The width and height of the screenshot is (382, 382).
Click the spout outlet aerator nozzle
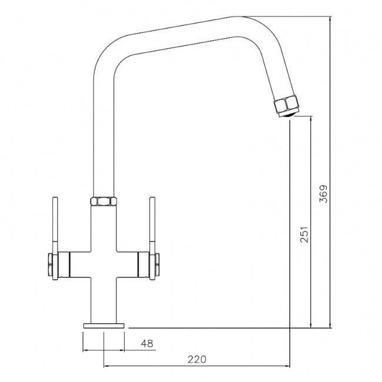pos(286,106)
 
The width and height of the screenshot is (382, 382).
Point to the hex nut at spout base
pos(103,202)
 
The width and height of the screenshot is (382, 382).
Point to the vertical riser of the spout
pos(103,135)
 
